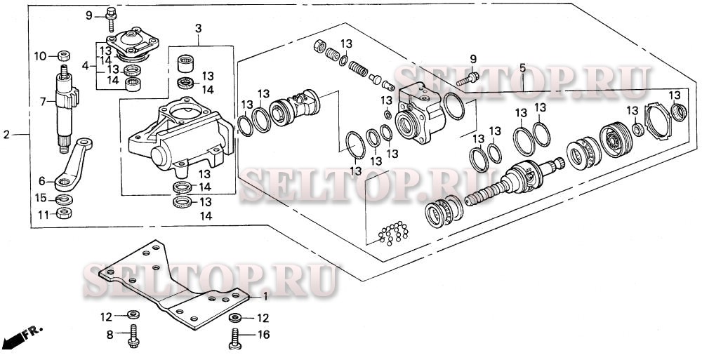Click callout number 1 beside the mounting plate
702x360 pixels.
(264, 297)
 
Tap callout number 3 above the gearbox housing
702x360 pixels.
(198, 29)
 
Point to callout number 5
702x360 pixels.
(522, 68)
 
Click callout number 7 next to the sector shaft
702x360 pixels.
(42, 102)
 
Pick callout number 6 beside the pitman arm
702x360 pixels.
(41, 180)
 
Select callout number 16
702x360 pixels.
(264, 336)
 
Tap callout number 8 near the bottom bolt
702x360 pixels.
(110, 336)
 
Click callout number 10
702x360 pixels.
(40, 55)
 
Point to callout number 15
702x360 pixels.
(41, 199)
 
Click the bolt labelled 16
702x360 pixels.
(234, 338)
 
